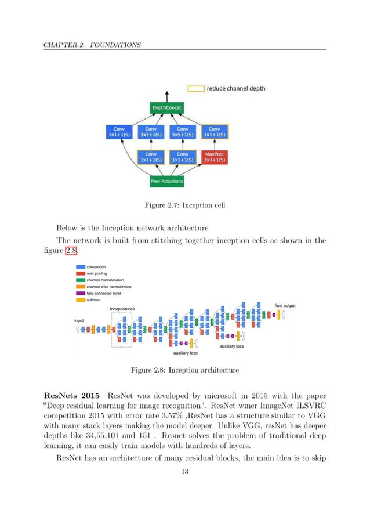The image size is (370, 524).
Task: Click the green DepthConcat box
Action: tap(167, 109)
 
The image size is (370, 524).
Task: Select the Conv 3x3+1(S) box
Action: tap(151, 133)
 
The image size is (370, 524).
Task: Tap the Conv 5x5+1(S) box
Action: tap(182, 133)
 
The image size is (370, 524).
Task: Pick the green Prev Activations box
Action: tap(167, 181)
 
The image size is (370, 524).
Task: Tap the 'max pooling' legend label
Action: tap(98, 273)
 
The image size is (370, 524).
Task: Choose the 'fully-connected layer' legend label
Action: tap(105, 293)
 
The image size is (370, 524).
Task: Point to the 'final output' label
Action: tap(284, 305)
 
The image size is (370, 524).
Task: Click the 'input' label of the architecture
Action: tap(79, 320)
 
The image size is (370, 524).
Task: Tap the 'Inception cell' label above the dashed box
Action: tap(122, 309)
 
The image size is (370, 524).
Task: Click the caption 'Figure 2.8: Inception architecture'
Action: tap(184, 370)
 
